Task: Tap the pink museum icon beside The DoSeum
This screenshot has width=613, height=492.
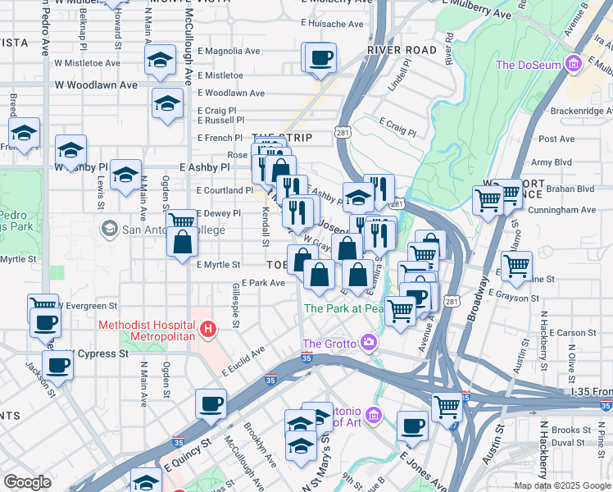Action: [574, 63]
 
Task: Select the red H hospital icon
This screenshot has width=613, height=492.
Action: [208, 330]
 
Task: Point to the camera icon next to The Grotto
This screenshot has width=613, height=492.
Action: [371, 341]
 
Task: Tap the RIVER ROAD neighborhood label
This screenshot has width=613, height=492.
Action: [402, 50]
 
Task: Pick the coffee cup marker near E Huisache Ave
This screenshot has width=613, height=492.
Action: [321, 57]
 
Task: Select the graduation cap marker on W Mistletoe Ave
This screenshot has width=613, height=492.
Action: [161, 60]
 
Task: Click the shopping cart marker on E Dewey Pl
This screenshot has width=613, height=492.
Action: [181, 220]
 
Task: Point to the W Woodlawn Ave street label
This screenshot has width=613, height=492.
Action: [96, 84]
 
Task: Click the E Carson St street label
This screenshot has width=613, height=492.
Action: [566, 333]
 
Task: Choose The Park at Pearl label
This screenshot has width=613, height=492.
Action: [344, 309]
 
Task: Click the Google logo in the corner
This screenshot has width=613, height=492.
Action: [27, 482]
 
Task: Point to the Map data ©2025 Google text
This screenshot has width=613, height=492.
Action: [562, 485]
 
